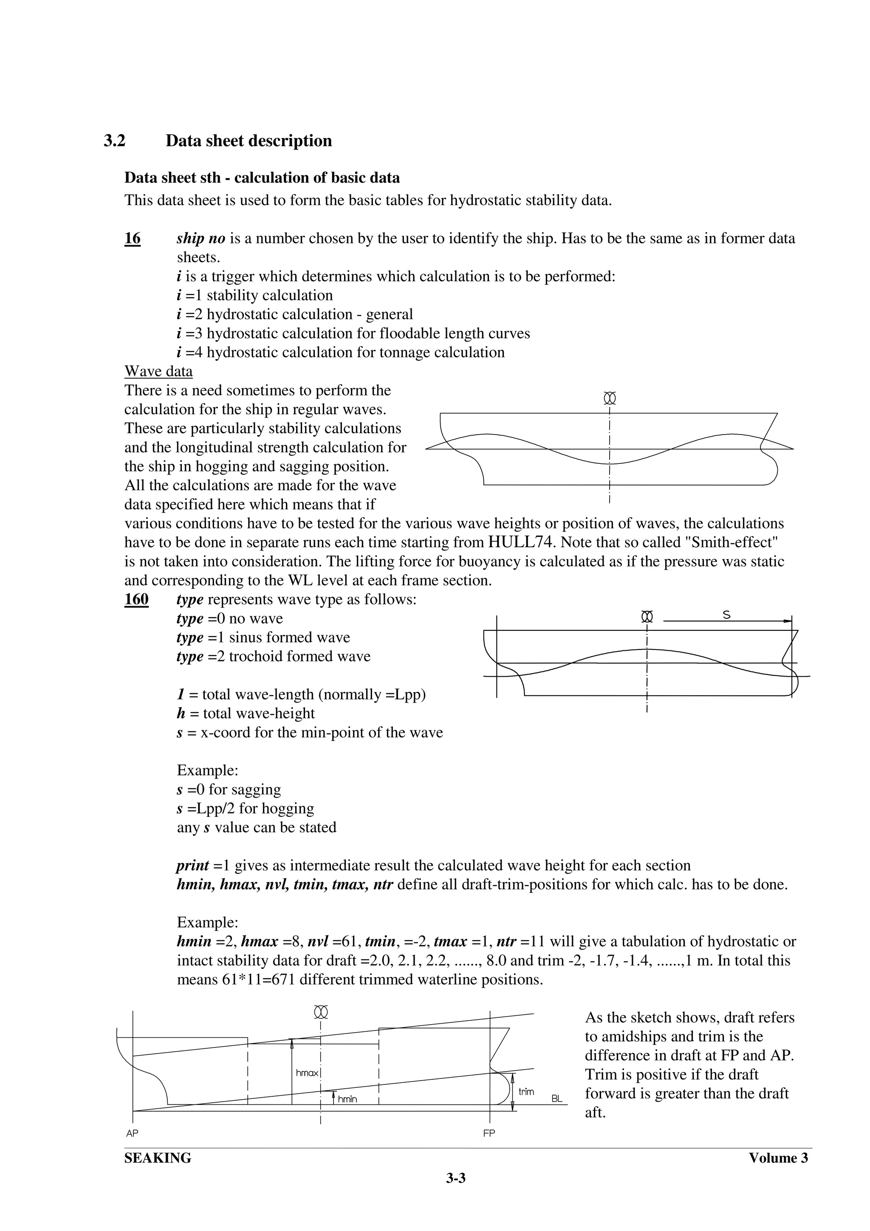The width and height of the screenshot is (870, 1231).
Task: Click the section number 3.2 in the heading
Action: coord(114,141)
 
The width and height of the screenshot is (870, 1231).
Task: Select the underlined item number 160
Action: coord(136,599)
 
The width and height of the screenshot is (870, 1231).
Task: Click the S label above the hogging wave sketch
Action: coord(726,615)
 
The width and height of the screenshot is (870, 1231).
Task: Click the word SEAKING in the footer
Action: coord(158,1158)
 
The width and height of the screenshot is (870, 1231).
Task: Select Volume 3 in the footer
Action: coord(778,1158)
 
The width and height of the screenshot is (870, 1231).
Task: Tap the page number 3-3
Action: coord(456,1178)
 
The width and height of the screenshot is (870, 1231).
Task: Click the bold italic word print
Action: coord(192,865)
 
